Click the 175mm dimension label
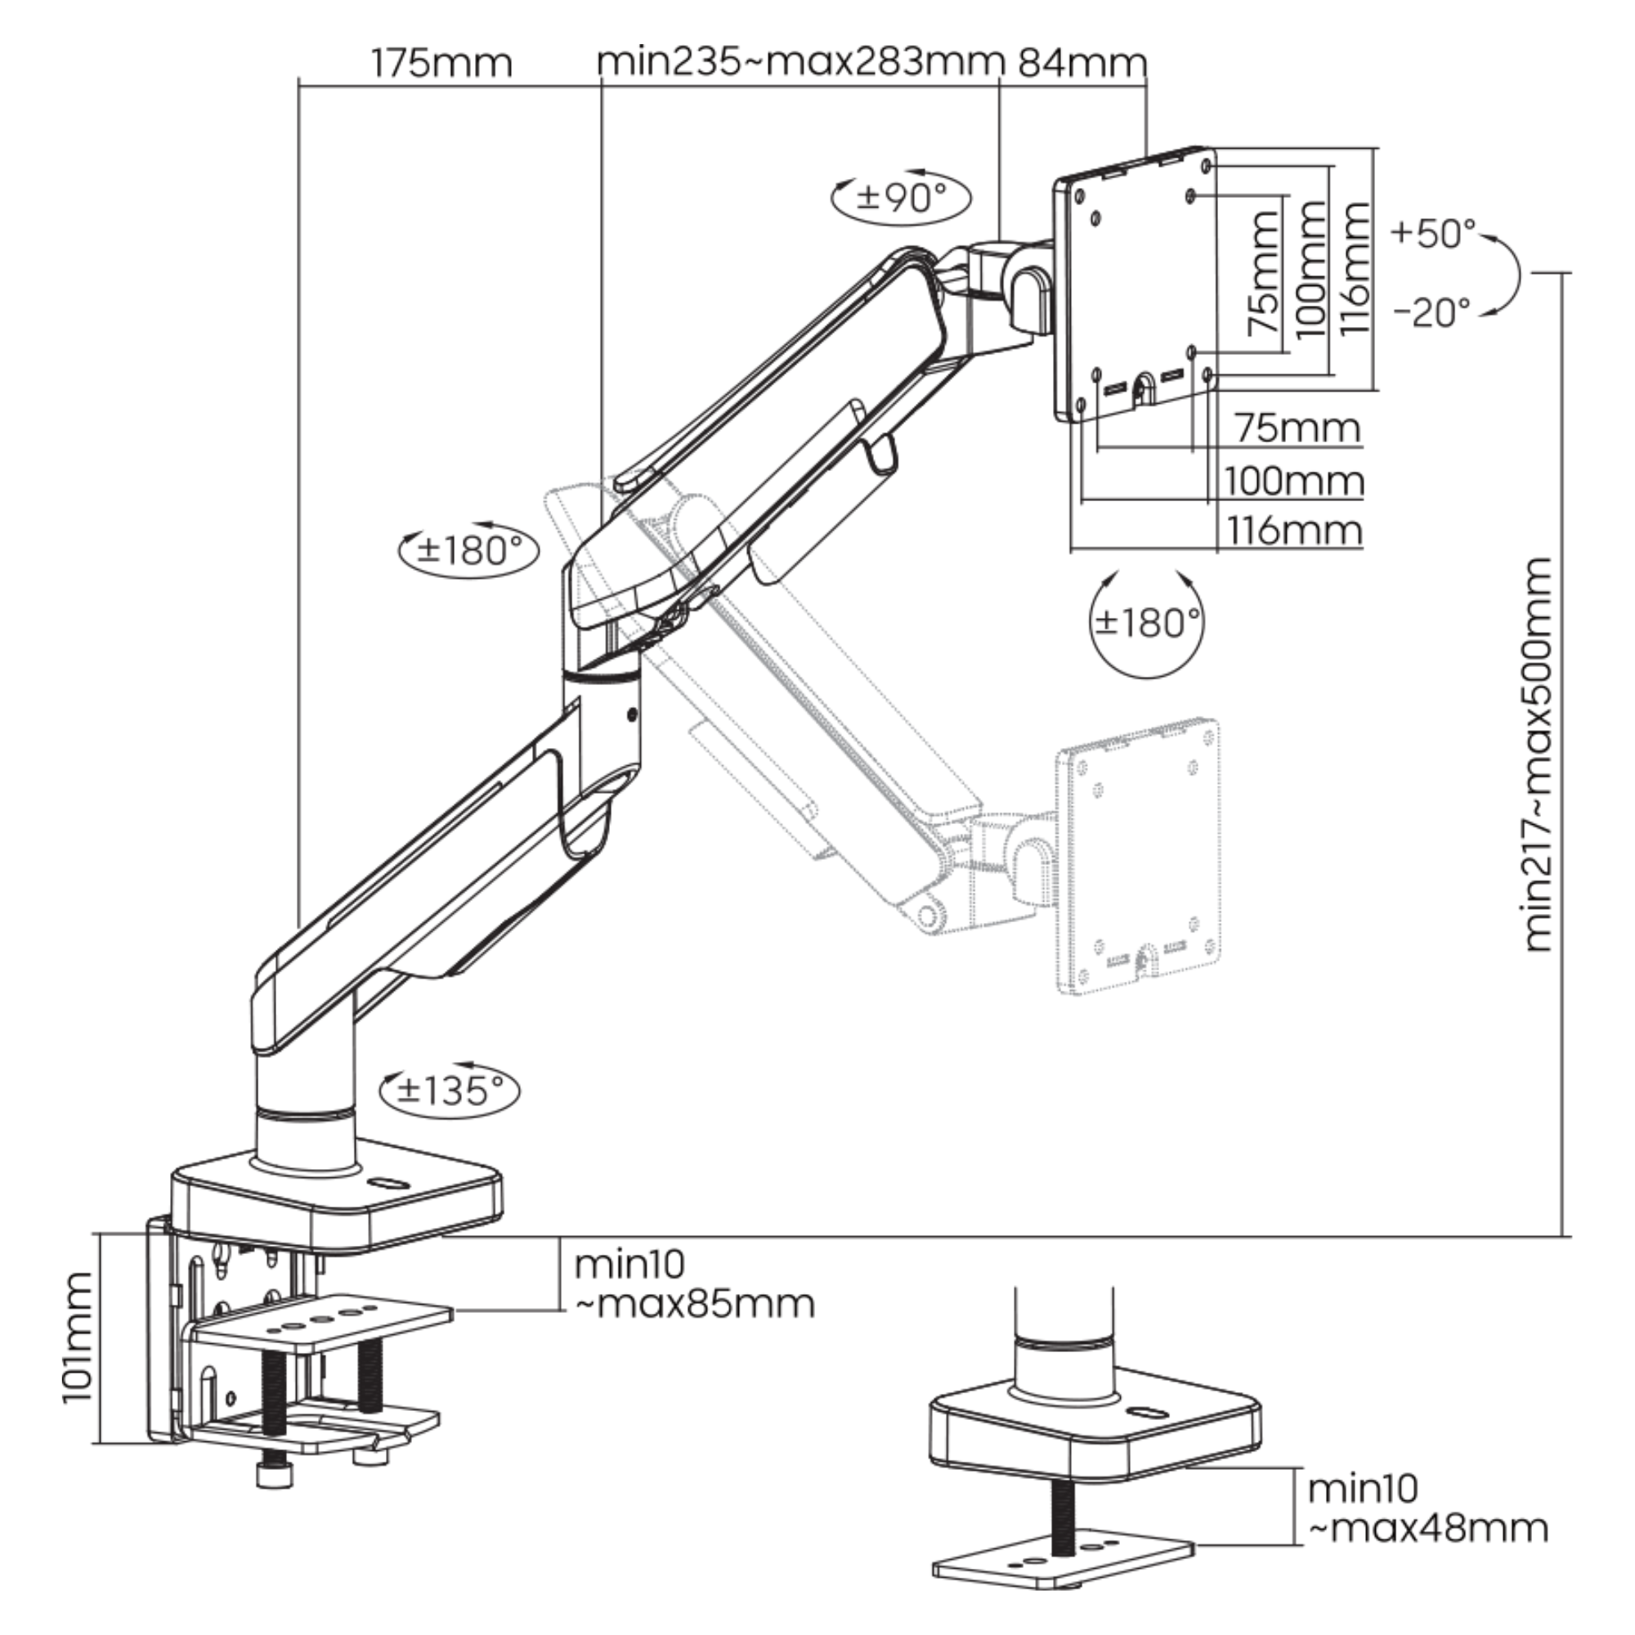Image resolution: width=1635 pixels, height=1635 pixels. tap(441, 64)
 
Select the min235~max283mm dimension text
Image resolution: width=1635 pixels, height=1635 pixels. tap(799, 63)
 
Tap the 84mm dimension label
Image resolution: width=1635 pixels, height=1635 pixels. tap(1082, 63)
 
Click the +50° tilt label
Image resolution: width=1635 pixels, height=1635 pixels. tap(1433, 233)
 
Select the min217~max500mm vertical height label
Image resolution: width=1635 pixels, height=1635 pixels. tap(1540, 753)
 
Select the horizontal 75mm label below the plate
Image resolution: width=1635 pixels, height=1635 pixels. tap(1298, 428)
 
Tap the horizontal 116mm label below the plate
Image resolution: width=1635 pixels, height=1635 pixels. tap(1295, 531)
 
